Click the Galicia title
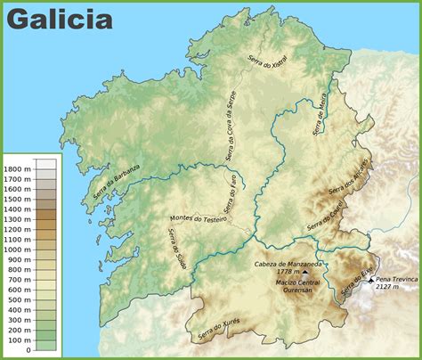coord(61,20)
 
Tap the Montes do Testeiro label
coord(198,218)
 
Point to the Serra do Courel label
coord(325,217)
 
